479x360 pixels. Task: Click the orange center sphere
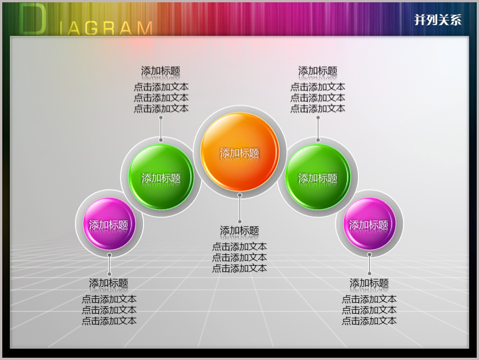point(240,152)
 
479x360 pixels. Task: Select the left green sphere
point(161,177)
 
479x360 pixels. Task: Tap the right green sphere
point(318,177)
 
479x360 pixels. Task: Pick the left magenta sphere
point(109,224)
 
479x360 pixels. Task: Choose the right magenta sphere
point(369,224)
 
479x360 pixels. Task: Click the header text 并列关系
point(438,20)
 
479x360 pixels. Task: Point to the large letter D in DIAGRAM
point(33,19)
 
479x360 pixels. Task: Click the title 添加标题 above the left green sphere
point(161,71)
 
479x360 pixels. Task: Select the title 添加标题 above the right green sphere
point(318,71)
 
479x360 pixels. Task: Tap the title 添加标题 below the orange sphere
point(240,230)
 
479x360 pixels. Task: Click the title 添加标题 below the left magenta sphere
point(109,283)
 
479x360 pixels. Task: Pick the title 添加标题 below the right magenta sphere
point(369,283)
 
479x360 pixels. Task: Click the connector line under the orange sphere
point(240,208)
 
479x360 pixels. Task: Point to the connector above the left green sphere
point(161,129)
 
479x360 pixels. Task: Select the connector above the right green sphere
point(318,129)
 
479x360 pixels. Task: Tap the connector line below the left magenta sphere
point(109,265)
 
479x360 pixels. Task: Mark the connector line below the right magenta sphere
point(369,264)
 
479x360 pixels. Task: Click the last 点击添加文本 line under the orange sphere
point(240,269)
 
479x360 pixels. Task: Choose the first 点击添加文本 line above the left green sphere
point(161,87)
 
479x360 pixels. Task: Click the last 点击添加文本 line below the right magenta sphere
point(369,321)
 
